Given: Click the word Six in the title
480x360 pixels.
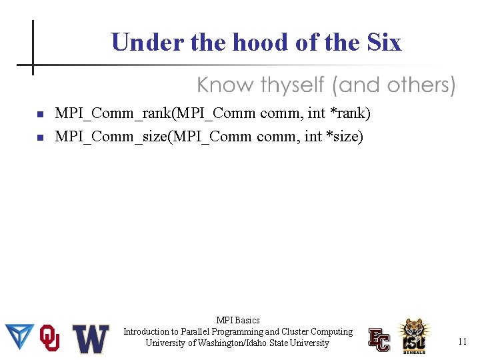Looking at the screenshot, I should coord(384,43).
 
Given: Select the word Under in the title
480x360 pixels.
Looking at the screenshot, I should coord(148,43).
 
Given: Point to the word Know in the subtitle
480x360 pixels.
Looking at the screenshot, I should coord(225,85).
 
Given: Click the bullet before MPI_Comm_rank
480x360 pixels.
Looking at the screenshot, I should coord(39,115).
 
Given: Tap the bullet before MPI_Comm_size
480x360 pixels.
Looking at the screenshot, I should coord(39,138).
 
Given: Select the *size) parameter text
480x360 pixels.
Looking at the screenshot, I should coord(347,137).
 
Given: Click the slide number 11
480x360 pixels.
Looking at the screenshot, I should coord(462,342).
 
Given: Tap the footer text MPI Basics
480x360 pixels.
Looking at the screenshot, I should coord(238,320).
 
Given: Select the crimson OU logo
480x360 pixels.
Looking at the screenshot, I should coord(50,338).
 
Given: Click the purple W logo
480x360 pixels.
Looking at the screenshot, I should coord(91,339).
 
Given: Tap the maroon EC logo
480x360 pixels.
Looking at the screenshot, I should coord(379,339).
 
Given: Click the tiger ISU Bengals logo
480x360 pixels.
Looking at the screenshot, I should coord(414,335).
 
